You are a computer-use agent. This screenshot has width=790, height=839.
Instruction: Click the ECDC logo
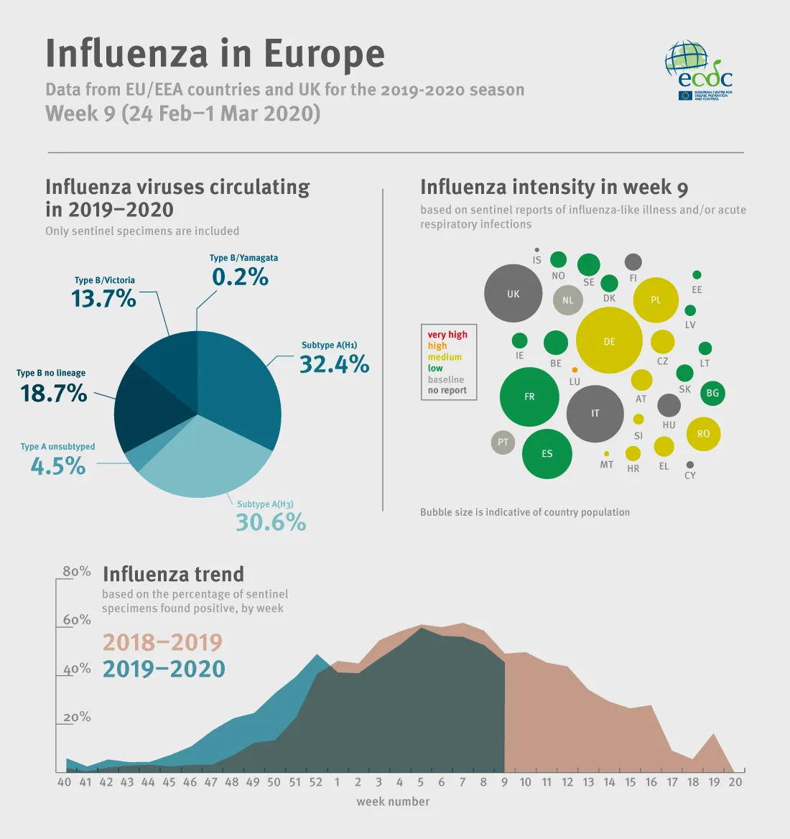[698, 70]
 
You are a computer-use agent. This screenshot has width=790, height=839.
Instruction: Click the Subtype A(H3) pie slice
[208, 460]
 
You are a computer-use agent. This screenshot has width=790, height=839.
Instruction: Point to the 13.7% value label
[103, 299]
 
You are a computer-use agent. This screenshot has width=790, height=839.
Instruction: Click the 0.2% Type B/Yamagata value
[240, 277]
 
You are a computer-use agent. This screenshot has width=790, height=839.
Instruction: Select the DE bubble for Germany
[609, 340]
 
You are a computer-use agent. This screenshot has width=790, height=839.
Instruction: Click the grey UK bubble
[513, 293]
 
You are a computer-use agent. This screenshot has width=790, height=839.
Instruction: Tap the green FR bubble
[529, 397]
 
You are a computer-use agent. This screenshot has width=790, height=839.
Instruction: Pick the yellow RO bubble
[703, 434]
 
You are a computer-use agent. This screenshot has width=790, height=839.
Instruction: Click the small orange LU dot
[575, 370]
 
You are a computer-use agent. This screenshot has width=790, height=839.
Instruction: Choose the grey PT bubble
[503, 442]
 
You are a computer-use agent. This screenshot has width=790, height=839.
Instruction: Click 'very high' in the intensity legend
[447, 335]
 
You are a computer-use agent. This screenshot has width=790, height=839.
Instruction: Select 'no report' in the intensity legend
[447, 391]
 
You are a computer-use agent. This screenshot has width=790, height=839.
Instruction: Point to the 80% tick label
[77, 572]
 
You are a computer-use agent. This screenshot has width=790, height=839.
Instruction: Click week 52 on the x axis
[316, 782]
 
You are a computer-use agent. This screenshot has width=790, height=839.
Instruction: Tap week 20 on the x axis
[735, 782]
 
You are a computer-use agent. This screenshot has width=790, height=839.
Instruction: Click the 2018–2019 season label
[162, 642]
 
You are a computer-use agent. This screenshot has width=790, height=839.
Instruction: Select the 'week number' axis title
[393, 802]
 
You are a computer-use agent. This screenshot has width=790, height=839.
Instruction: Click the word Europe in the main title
[324, 54]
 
